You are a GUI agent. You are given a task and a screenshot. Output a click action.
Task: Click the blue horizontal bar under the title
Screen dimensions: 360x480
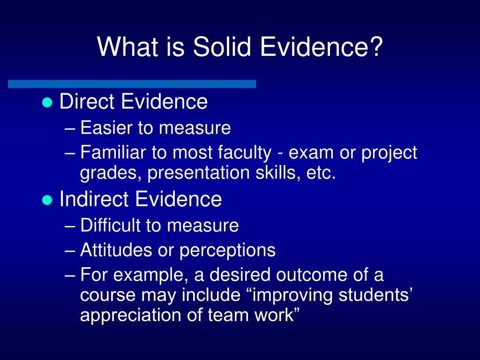(x=132, y=84)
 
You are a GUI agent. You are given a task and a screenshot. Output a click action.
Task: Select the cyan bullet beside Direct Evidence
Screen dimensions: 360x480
(x=46, y=104)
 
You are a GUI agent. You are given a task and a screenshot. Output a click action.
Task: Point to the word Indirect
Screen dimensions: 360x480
(x=94, y=199)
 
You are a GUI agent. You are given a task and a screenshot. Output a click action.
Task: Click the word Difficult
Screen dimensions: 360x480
(x=111, y=225)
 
